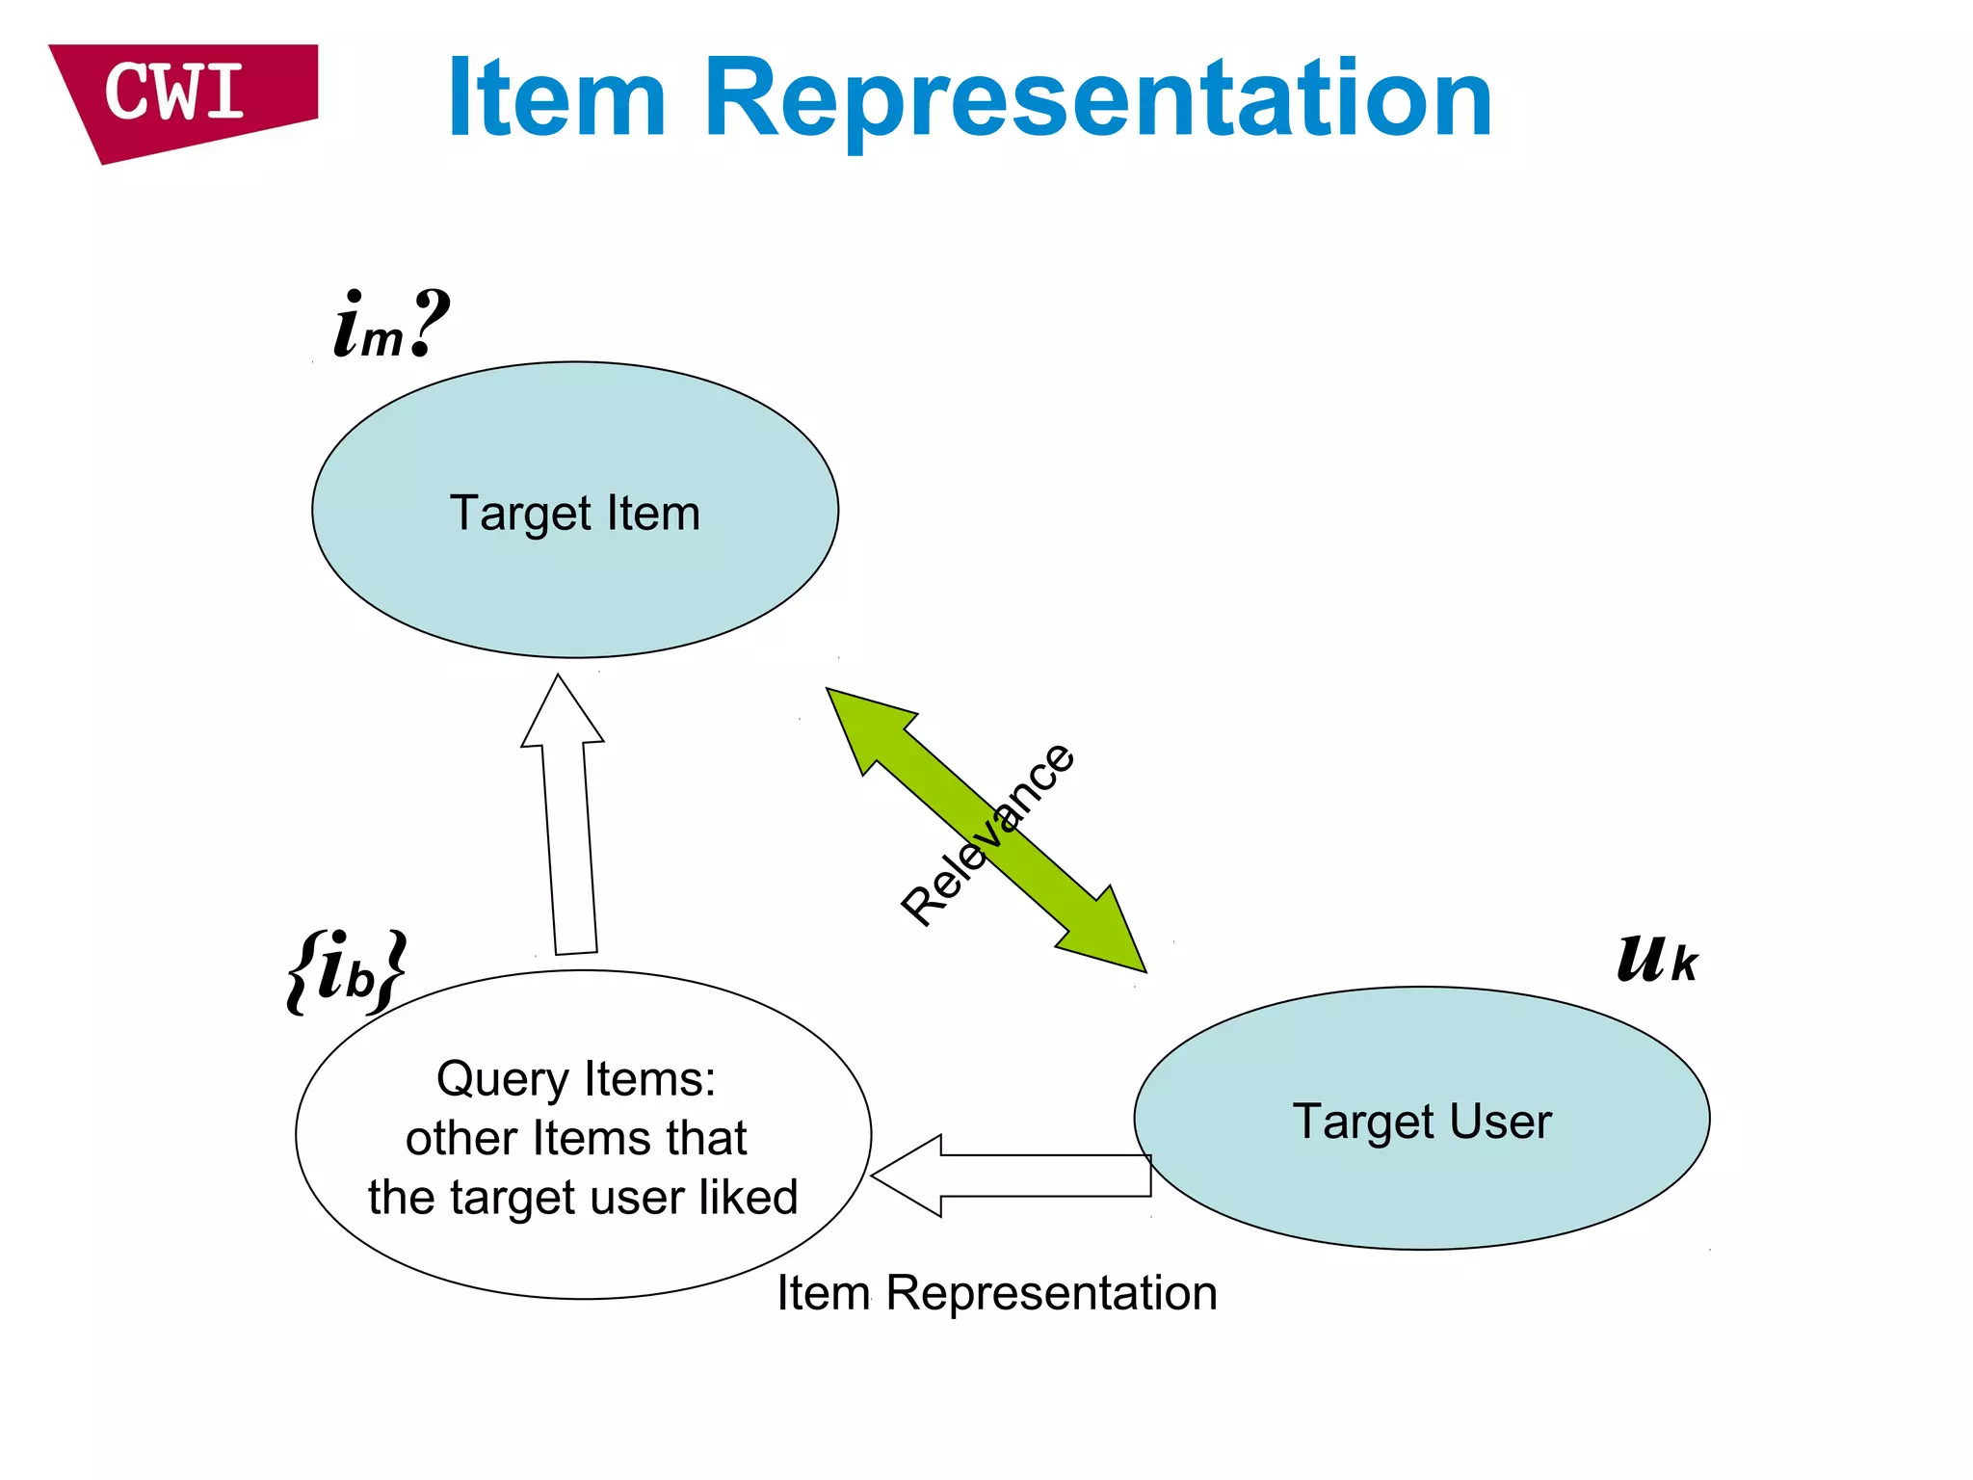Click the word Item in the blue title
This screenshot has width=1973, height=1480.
[557, 98]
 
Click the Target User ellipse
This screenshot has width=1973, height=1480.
[1422, 1185]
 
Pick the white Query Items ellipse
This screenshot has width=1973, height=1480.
[583, 1253]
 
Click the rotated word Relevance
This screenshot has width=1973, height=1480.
[987, 834]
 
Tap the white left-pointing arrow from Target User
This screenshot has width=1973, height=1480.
[1012, 1176]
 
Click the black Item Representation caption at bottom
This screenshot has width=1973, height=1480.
[997, 1293]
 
